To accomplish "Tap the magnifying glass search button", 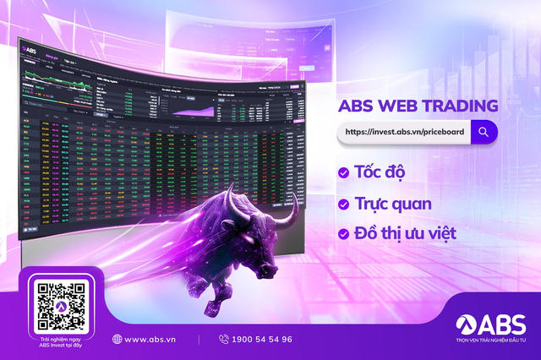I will (484, 132).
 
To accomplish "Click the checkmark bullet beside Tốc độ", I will (343, 172).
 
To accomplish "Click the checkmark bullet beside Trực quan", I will (343, 204).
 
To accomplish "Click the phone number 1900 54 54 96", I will (262, 339).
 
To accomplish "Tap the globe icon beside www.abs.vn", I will (117, 339).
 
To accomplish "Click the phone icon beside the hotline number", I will (224, 339).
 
